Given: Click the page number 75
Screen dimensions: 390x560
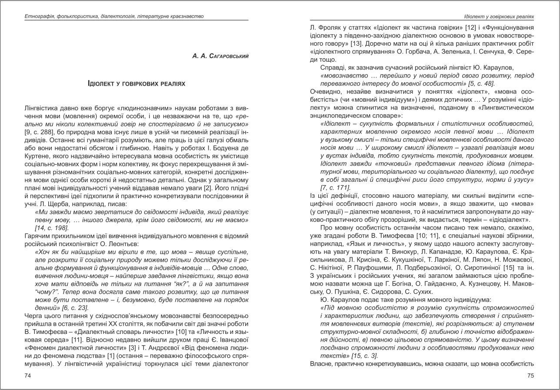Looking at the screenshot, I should pyautogui.click(x=530, y=376).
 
